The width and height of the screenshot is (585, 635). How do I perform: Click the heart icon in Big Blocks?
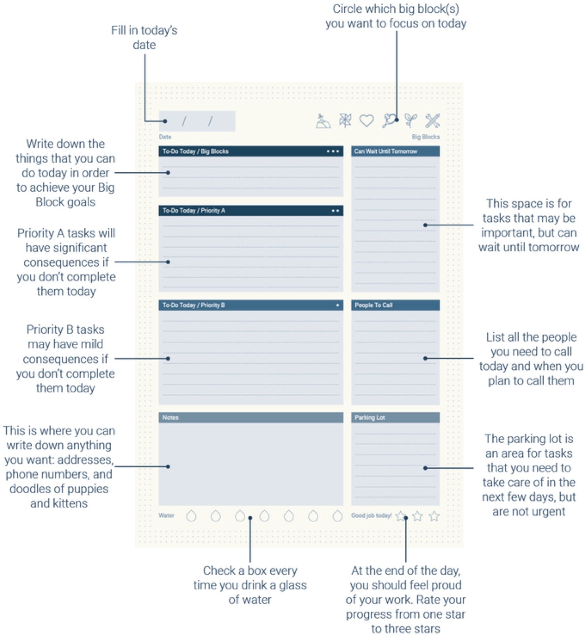coord(366,121)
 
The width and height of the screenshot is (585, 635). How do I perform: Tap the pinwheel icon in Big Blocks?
coord(345,121)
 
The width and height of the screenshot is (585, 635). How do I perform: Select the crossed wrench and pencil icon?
coord(432,121)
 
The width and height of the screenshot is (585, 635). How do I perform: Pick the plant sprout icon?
coord(411,120)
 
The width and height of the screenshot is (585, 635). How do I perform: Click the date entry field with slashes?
coord(197,121)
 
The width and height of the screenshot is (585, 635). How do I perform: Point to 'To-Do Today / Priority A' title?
coord(194,211)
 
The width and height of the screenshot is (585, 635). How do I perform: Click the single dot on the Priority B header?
coord(337,305)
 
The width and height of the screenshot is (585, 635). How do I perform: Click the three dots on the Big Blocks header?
coord(333,151)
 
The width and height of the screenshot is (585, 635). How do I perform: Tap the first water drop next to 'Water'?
coord(191,516)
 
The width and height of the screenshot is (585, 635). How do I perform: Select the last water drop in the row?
coord(337,516)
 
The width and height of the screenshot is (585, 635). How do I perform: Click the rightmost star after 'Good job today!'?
coord(434,516)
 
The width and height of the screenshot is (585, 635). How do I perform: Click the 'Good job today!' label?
coord(371,516)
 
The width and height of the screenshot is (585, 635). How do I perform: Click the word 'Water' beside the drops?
coord(166,516)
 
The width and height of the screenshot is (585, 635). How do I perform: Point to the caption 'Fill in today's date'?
coord(144,37)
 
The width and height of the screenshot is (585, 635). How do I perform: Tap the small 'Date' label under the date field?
coord(165,137)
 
